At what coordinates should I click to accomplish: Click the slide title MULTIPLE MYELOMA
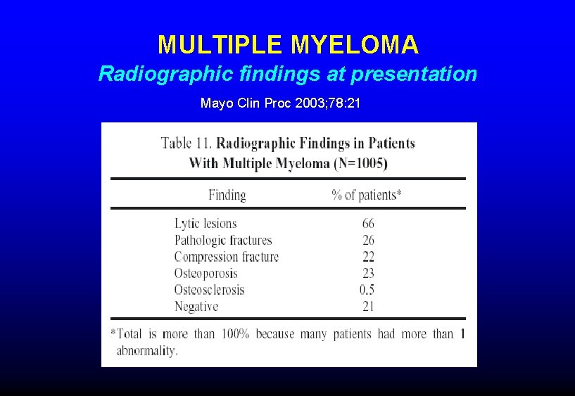coord(288,46)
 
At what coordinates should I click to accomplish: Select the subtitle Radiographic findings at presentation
coord(288,74)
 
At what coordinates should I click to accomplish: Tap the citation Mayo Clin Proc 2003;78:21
coord(281,104)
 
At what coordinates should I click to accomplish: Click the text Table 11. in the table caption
coord(186,143)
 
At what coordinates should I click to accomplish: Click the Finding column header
coord(227,195)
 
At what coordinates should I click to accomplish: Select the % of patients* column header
coord(367,195)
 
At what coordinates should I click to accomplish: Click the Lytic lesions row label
coord(206,224)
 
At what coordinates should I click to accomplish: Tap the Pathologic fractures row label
coord(223,241)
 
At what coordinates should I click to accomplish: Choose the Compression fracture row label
coord(227,257)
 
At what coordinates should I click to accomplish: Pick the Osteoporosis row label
coord(206,273)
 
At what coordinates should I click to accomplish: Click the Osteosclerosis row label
coord(210,290)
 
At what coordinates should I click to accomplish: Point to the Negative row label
coord(196,306)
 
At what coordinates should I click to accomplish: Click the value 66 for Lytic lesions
coord(368,224)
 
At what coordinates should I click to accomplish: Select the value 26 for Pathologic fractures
coord(368,241)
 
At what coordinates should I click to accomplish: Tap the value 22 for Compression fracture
coord(368,257)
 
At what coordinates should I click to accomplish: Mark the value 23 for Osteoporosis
coord(368,273)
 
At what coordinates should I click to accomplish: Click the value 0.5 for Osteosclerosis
coord(367,290)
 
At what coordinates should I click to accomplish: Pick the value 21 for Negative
coord(368,306)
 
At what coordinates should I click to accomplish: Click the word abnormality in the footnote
coord(146,351)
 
